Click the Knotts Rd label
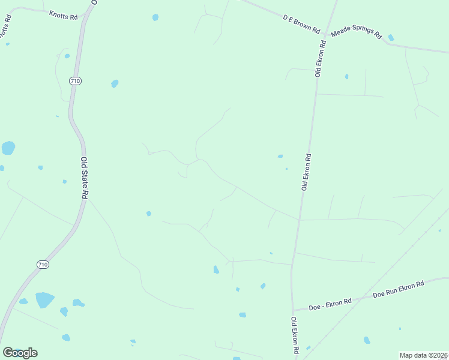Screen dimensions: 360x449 [63, 14]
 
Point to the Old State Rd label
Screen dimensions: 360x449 [85, 178]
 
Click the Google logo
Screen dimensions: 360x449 [20, 353]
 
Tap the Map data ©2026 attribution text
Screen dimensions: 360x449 [423, 355]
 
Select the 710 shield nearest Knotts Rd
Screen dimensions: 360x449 [75, 81]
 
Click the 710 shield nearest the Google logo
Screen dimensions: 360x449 [42, 264]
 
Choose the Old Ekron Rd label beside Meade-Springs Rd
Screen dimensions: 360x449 [321, 59]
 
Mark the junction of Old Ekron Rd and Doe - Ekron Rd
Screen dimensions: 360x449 [293, 310]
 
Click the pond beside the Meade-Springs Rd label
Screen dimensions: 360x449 [391, 37]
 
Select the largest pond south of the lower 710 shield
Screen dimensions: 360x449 [44, 299]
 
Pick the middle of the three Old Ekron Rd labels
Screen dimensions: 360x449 [306, 172]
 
